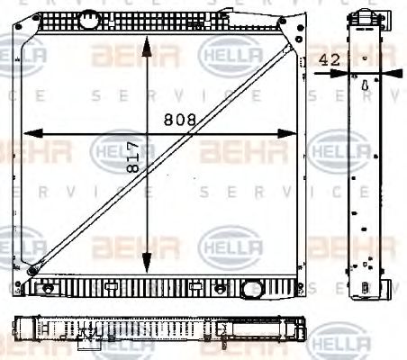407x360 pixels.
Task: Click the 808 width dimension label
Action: [178, 120]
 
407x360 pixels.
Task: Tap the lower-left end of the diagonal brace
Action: [33, 269]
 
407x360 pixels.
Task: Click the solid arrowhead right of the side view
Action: [388, 71]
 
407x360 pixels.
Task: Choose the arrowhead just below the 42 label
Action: [336, 72]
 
